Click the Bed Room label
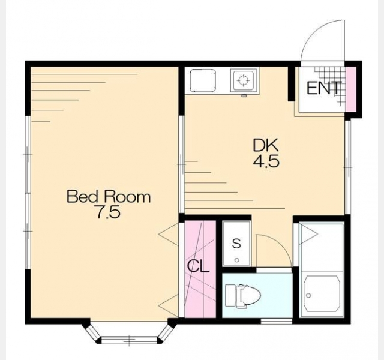click(109, 197)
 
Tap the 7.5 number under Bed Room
click(108, 212)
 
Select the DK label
click(266, 145)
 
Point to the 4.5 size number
click(266, 161)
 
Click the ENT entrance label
click(324, 88)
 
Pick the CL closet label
click(198, 266)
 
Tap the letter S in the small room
click(236, 244)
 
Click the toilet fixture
click(243, 296)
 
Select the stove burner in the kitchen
click(244, 80)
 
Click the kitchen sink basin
click(203, 80)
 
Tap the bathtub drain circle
click(308, 296)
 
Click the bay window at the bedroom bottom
click(129, 332)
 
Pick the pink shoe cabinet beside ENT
click(350, 89)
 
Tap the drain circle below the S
click(236, 260)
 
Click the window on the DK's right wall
click(348, 167)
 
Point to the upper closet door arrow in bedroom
click(169, 235)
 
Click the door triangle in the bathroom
click(308, 235)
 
